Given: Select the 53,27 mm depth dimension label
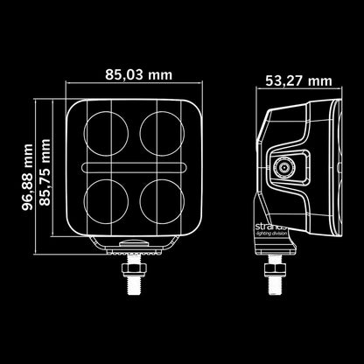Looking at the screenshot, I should (x=294, y=81).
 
